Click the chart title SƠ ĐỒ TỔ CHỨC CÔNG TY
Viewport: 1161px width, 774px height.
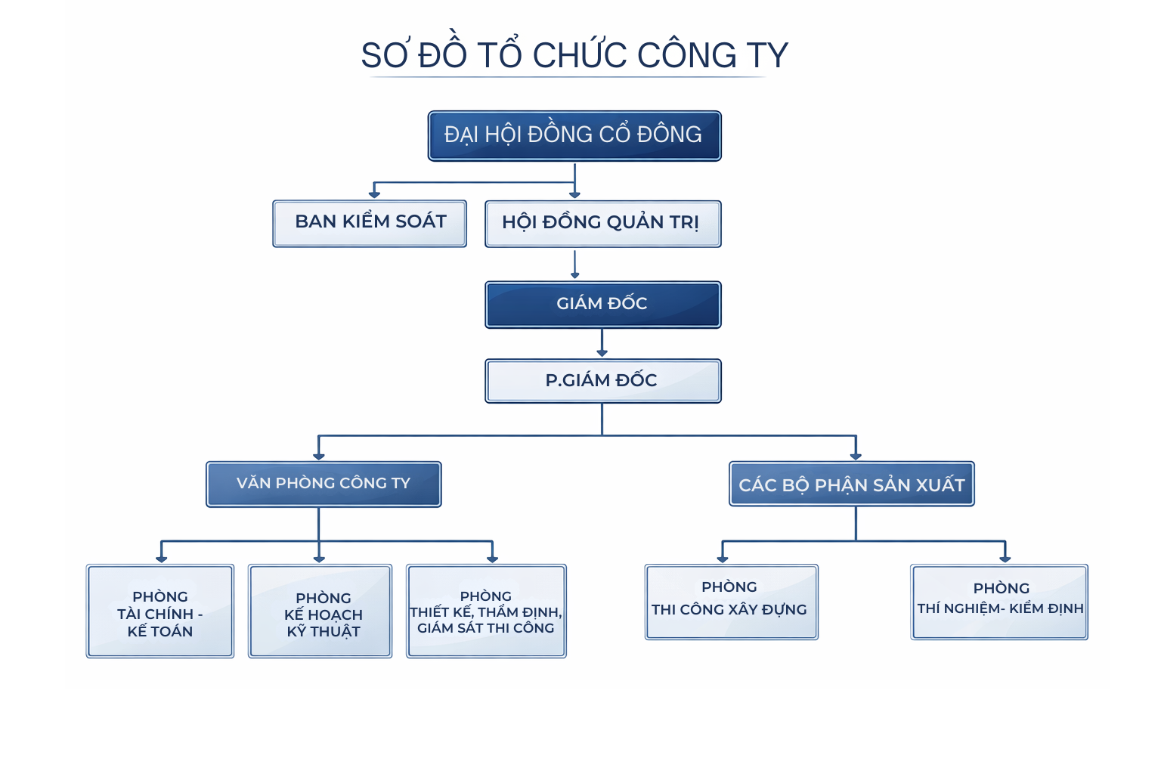click(574, 55)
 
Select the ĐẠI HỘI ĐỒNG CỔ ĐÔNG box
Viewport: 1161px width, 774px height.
click(574, 136)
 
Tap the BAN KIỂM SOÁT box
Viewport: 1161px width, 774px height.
click(370, 223)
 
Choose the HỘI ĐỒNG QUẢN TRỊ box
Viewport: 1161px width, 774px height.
click(602, 224)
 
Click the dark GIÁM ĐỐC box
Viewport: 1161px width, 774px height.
click(602, 305)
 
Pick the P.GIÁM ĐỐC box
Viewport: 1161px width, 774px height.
click(602, 381)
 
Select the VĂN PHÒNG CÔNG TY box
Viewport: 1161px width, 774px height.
click(324, 484)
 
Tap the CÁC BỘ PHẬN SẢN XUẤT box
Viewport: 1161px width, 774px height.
click(852, 485)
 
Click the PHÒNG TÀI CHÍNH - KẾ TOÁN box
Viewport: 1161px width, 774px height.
click(160, 611)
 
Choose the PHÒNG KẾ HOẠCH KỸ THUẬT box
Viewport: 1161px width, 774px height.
click(320, 611)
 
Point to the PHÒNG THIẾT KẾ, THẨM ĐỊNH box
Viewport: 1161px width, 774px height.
click(486, 611)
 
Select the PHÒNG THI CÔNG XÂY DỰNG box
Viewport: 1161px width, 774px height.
click(731, 602)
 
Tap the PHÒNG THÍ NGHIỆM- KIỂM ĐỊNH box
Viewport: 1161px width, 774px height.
click(999, 602)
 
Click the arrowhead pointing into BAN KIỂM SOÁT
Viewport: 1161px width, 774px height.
click(374, 194)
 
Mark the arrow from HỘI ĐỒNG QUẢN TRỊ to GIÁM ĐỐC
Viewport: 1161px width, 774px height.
click(575, 265)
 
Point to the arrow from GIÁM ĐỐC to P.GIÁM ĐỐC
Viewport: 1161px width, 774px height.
click(602, 343)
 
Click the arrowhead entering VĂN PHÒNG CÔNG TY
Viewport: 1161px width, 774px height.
click(319, 455)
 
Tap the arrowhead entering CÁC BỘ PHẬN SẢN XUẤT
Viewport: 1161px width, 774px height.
click(856, 455)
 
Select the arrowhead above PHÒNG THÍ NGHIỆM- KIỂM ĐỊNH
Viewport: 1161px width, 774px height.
click(1005, 558)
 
